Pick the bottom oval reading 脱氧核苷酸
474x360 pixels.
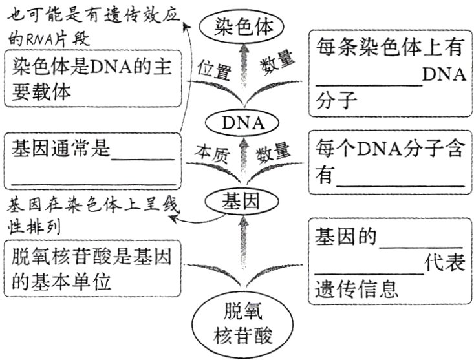pyautogui.click(x=241, y=323)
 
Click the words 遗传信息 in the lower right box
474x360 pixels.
pyautogui.click(x=356, y=289)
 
